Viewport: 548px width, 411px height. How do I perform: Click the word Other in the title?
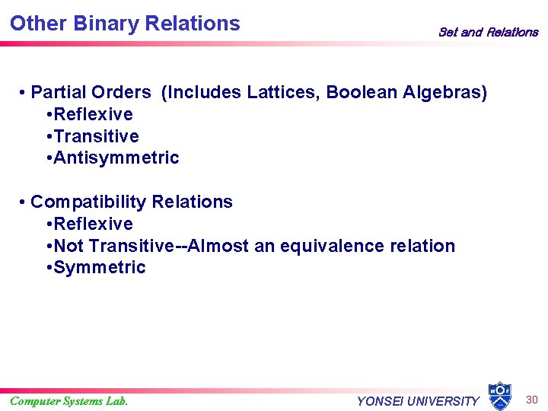tap(37, 24)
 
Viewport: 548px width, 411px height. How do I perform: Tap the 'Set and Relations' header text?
tap(488, 32)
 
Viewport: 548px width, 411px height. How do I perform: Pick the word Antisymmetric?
tap(116, 158)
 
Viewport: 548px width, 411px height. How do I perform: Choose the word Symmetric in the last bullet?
tap(99, 267)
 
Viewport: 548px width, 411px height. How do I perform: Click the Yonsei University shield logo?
tap(499, 396)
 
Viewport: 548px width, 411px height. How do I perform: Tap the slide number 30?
tap(532, 400)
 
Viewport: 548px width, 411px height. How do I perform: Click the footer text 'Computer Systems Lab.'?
tap(69, 401)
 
